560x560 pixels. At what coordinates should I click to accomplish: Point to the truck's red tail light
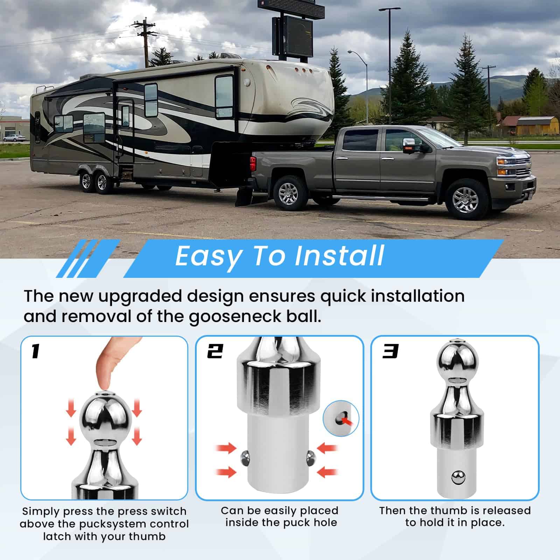pos(253,164)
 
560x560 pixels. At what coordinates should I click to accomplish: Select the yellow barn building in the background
pos(533,126)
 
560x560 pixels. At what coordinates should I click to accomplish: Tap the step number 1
pos(35,351)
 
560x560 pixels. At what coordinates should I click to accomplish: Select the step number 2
pos(215,351)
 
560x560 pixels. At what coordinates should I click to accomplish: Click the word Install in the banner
pos(339,255)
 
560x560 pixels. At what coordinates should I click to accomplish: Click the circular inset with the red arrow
pos(341,419)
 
